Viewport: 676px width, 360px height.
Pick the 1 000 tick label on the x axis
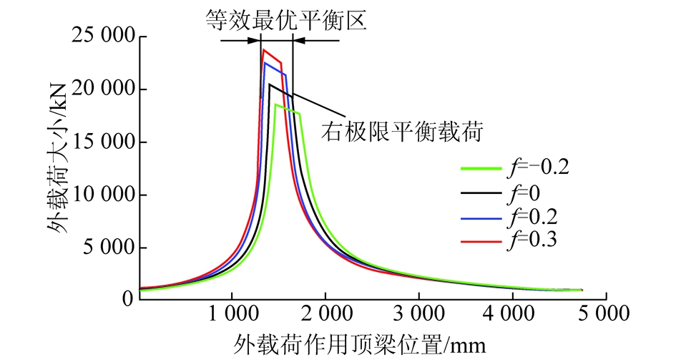coord(232,313)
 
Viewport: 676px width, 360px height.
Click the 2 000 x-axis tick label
coord(325,313)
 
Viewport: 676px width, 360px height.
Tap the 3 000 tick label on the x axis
coord(419,313)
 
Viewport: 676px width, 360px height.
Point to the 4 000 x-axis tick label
coord(513,313)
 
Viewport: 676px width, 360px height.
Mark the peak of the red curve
coord(264,49)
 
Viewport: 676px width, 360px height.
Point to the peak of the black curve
coord(270,84)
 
